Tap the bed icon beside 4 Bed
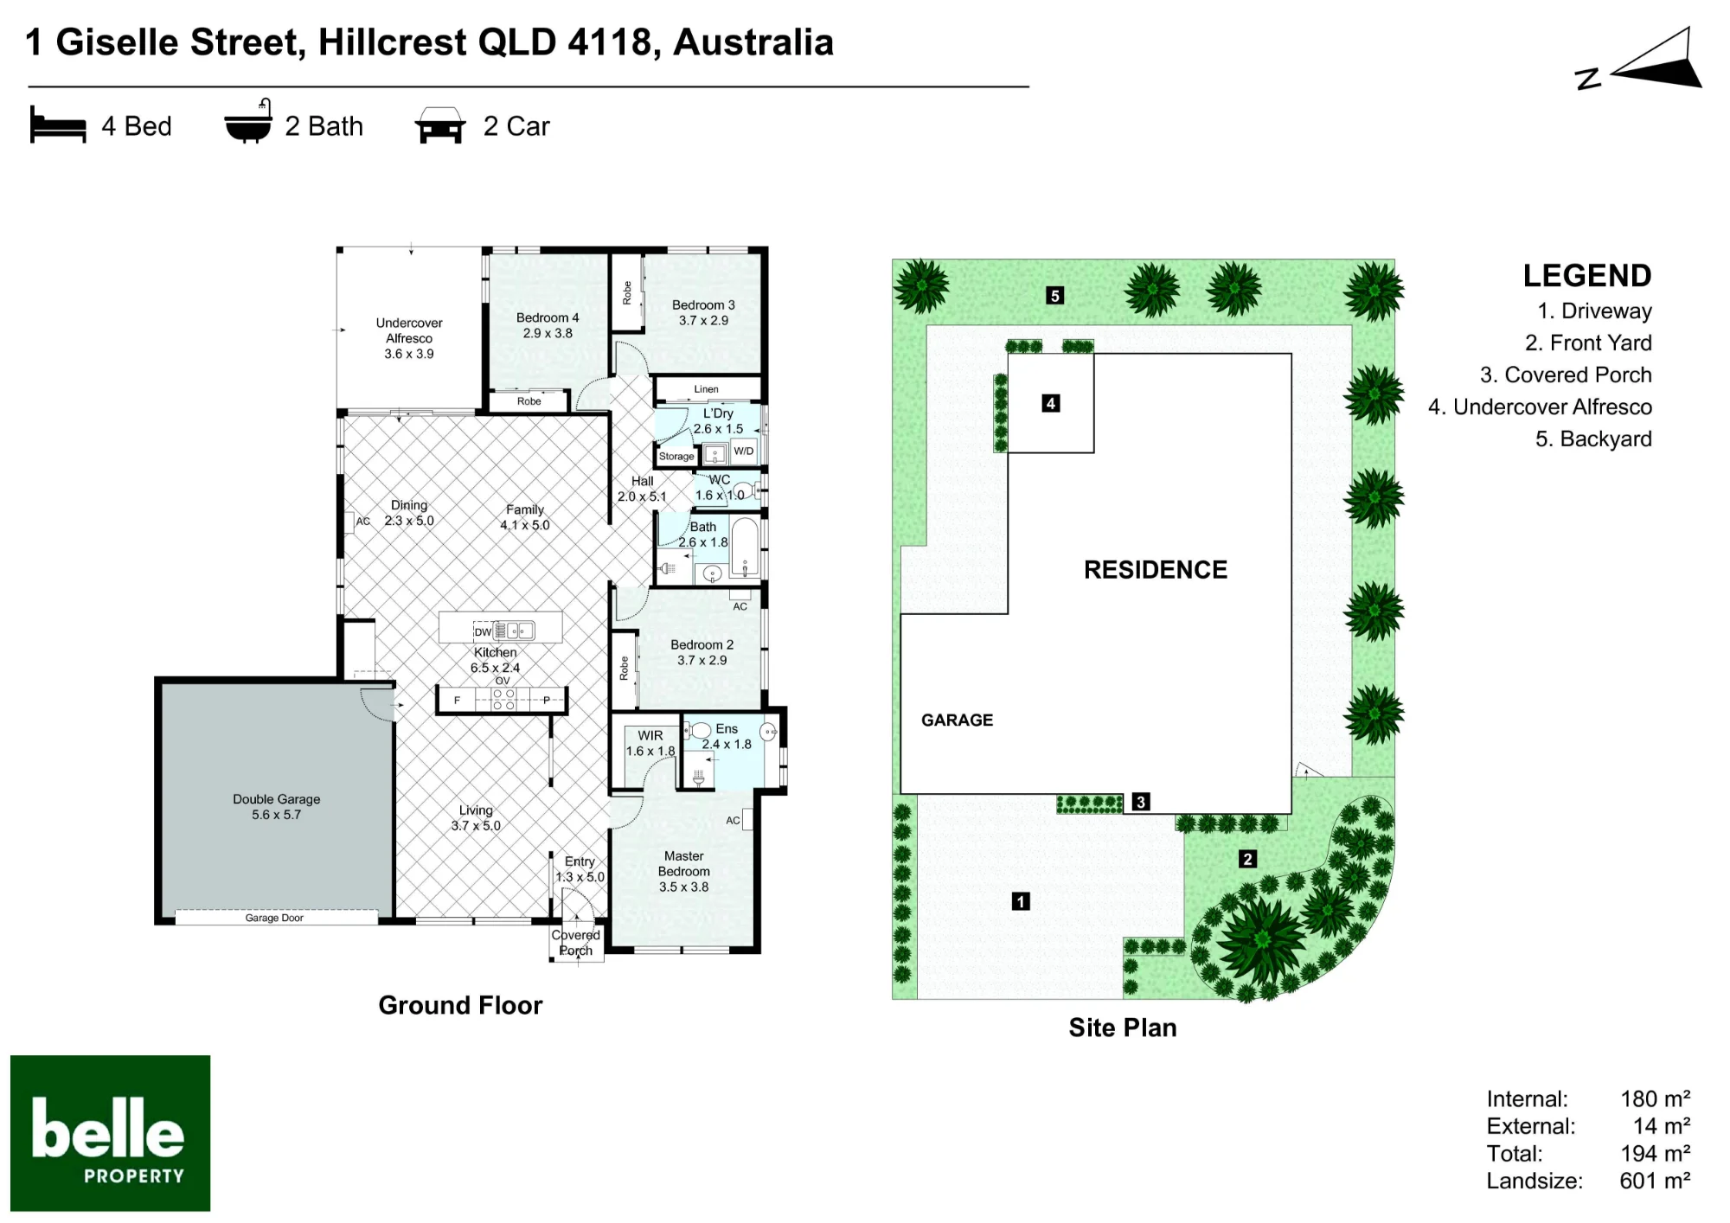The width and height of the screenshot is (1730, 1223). [58, 125]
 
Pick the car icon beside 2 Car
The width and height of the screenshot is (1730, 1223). [440, 125]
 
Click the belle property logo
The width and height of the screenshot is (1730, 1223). [111, 1133]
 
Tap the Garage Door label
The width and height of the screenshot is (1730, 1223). [274, 918]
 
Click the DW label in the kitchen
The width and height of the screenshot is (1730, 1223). [483, 632]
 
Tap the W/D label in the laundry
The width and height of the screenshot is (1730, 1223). [744, 451]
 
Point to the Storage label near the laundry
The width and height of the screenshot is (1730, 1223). [676, 456]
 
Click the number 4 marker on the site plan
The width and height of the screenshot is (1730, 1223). [1051, 403]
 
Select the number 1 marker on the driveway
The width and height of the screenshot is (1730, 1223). [1021, 901]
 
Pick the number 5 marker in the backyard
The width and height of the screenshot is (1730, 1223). [1054, 296]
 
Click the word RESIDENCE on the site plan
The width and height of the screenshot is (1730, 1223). [1156, 570]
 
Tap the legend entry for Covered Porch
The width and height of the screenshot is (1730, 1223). [1566, 375]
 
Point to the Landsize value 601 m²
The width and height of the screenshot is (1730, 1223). [1655, 1181]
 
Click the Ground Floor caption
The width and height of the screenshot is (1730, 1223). [460, 1005]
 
